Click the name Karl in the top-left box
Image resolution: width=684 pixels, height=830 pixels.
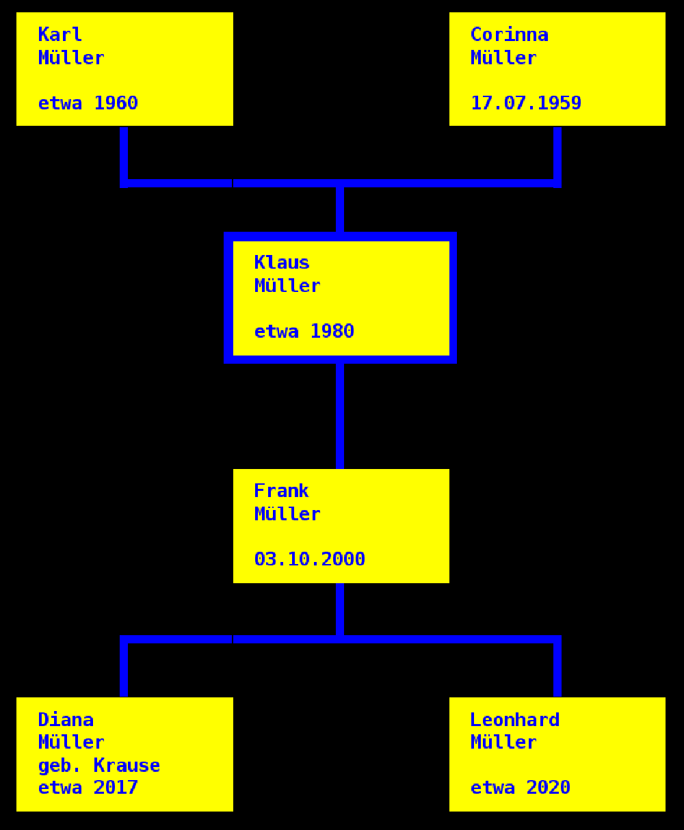tap(60, 34)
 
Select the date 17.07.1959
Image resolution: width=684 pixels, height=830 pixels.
tap(525, 103)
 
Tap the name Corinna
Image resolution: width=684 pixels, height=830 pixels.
tap(509, 34)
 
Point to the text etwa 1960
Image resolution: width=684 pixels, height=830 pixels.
tap(88, 103)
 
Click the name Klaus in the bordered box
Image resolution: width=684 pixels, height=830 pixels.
tap(282, 263)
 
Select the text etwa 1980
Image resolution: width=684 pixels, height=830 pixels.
tap(304, 332)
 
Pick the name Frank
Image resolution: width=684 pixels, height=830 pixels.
tap(281, 491)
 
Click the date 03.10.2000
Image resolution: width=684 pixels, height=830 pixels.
tap(309, 559)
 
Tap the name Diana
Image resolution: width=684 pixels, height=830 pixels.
tap(66, 719)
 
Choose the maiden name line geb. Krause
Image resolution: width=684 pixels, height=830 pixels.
tap(98, 765)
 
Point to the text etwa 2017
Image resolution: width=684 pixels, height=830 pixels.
tap(88, 788)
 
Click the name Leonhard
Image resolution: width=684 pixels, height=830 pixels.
tap(514, 719)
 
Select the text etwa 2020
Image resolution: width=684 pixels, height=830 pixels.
tap(520, 788)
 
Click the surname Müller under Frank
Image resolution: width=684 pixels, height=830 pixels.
tap(287, 514)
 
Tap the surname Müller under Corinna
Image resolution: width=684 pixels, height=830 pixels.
tap(503, 58)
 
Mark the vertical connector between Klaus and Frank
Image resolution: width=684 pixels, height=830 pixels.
tap(340, 416)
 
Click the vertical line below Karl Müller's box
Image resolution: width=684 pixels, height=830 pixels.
tap(124, 154)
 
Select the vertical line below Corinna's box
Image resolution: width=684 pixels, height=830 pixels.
tap(557, 154)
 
